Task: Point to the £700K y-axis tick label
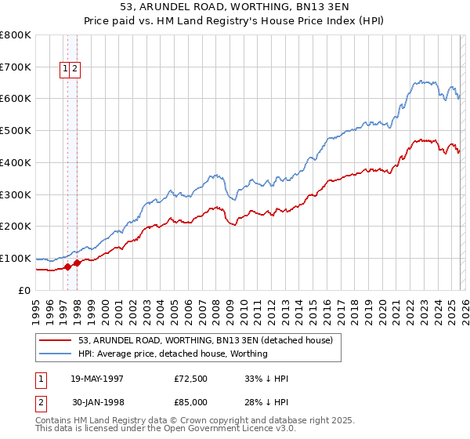[x=16, y=67]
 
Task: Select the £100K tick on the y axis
[x=16, y=258]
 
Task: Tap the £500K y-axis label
[x=16, y=130]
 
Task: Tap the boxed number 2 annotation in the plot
[x=74, y=68]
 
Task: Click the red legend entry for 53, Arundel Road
[x=205, y=340]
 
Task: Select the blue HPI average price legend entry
[x=172, y=354]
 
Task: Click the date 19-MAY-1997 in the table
[x=97, y=379]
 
